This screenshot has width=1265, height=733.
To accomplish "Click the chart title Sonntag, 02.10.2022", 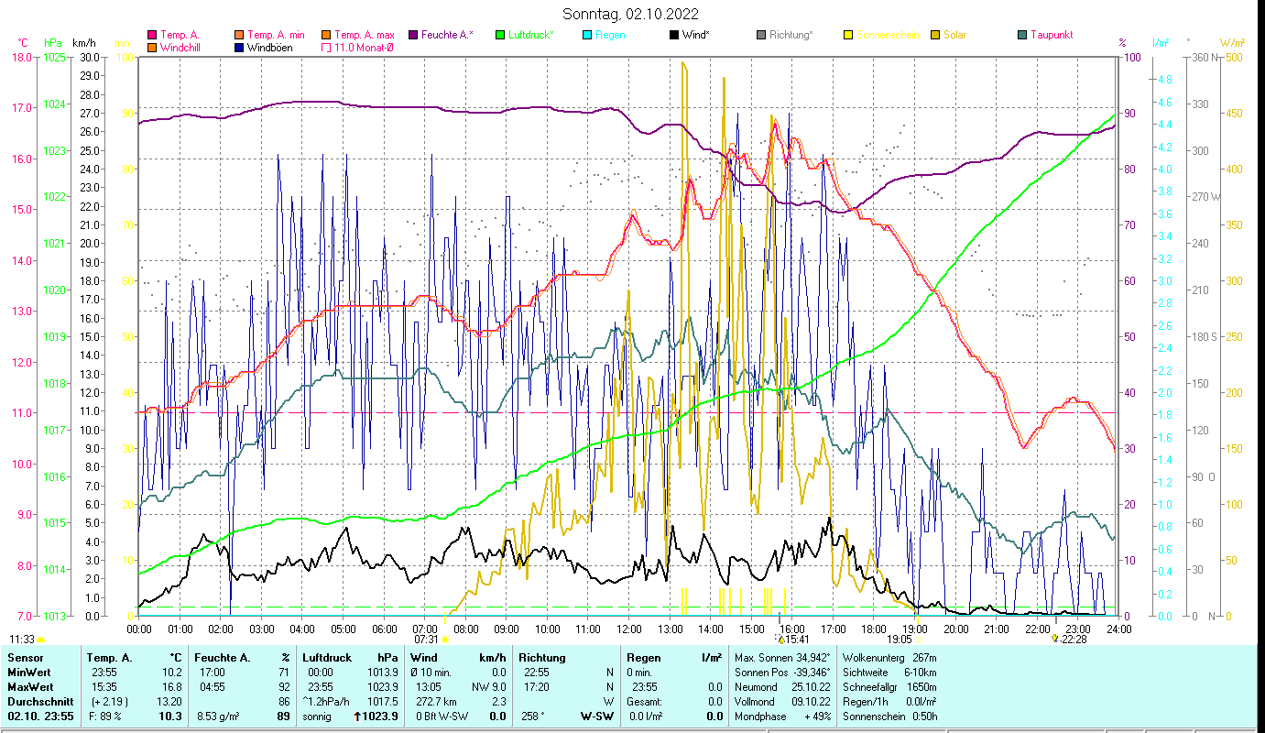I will click(x=632, y=14).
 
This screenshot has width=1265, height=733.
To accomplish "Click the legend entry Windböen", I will click(x=269, y=48).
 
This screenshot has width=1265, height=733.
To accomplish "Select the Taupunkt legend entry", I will click(x=1051, y=35).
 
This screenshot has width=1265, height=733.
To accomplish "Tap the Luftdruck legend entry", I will click(x=531, y=35).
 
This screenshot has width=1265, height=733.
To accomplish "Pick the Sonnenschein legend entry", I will click(x=889, y=35).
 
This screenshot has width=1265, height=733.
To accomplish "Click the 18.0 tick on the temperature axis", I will click(x=21, y=57).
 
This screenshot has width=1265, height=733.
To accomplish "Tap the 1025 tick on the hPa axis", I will click(x=54, y=57).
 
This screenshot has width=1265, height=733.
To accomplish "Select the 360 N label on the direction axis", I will click(x=1202, y=57).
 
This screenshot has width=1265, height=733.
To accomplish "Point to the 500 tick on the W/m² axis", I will click(x=1234, y=57).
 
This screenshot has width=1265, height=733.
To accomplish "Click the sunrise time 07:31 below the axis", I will click(x=426, y=639).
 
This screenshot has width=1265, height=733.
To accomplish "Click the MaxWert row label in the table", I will click(x=30, y=686).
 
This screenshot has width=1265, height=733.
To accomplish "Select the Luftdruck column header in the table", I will click(x=327, y=658).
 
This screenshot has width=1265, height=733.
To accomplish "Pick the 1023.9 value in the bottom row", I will click(x=380, y=716).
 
